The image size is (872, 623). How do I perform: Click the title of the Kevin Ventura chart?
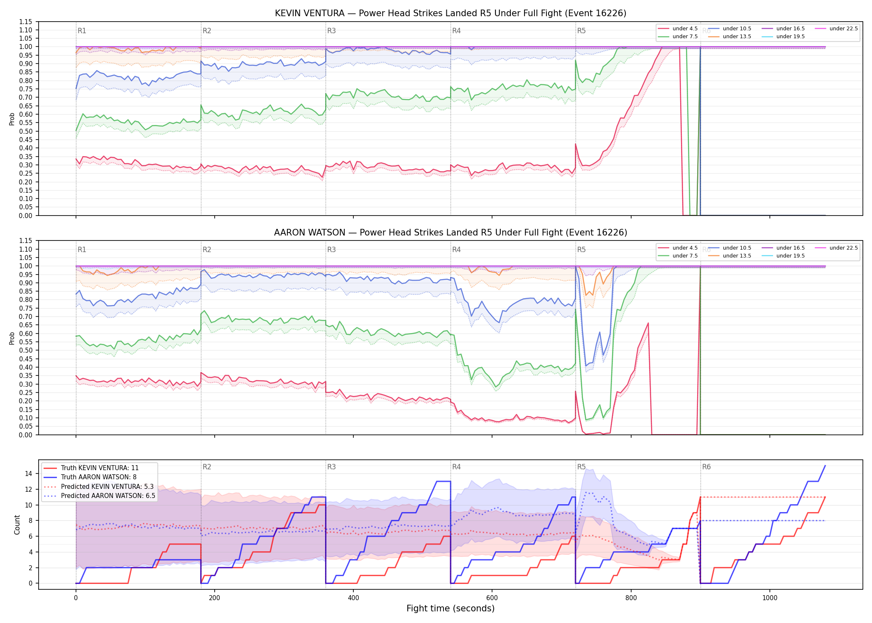coord(451,13)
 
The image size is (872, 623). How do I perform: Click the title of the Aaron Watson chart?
coord(451,233)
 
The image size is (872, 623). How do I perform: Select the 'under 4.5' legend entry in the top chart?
coord(678,29)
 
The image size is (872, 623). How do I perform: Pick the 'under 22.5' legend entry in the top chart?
coord(836,29)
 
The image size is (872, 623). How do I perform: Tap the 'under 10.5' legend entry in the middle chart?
coord(730,248)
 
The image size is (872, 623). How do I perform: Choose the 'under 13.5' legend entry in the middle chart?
coord(730,256)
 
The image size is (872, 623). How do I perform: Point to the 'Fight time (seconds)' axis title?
coord(451,608)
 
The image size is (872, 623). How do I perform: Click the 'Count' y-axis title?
coord(17,525)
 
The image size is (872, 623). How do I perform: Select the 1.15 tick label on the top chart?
coord(26,22)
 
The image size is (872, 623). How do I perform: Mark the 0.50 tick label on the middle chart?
coord(26,350)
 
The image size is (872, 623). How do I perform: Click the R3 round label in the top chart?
coord(331,31)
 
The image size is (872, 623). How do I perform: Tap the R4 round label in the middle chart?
coord(456,250)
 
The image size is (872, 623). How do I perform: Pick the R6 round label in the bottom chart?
coord(706,467)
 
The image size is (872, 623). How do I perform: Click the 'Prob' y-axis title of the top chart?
coord(12,119)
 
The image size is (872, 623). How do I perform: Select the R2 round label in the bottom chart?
coord(207,467)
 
